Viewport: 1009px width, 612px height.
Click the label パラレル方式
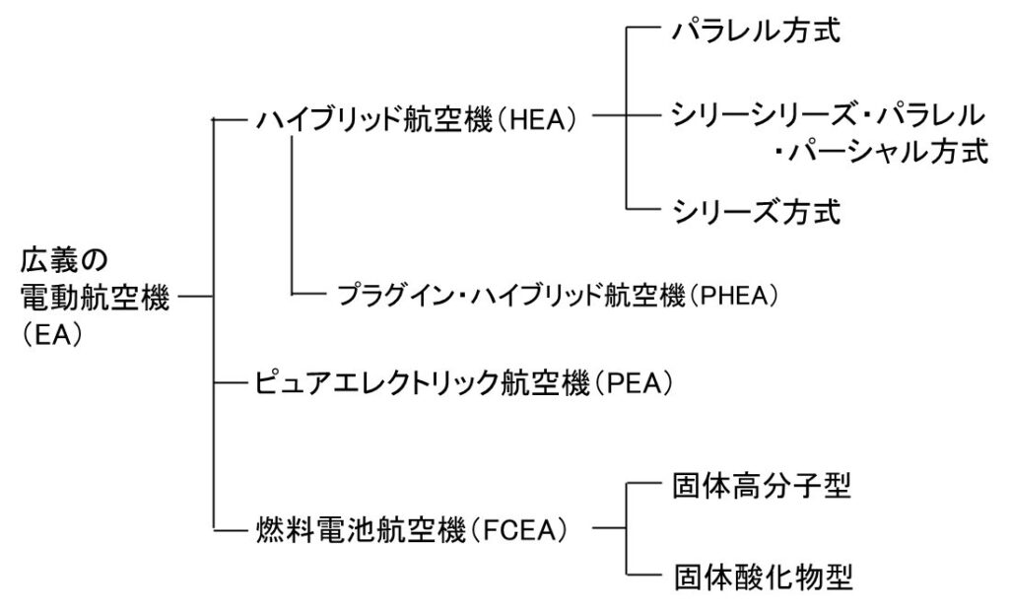(756, 32)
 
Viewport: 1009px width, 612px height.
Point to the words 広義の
(63, 260)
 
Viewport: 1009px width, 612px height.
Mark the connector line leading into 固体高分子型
(645, 486)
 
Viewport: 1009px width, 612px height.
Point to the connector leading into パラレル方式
(645, 32)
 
